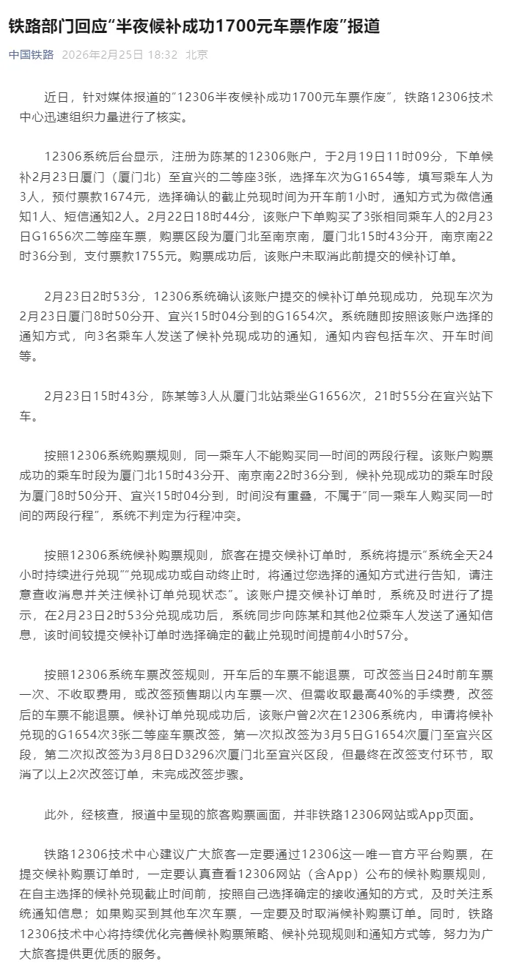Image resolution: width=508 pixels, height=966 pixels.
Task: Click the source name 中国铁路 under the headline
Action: click(x=31, y=55)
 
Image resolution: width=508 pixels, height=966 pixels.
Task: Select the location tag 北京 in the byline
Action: click(x=196, y=55)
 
